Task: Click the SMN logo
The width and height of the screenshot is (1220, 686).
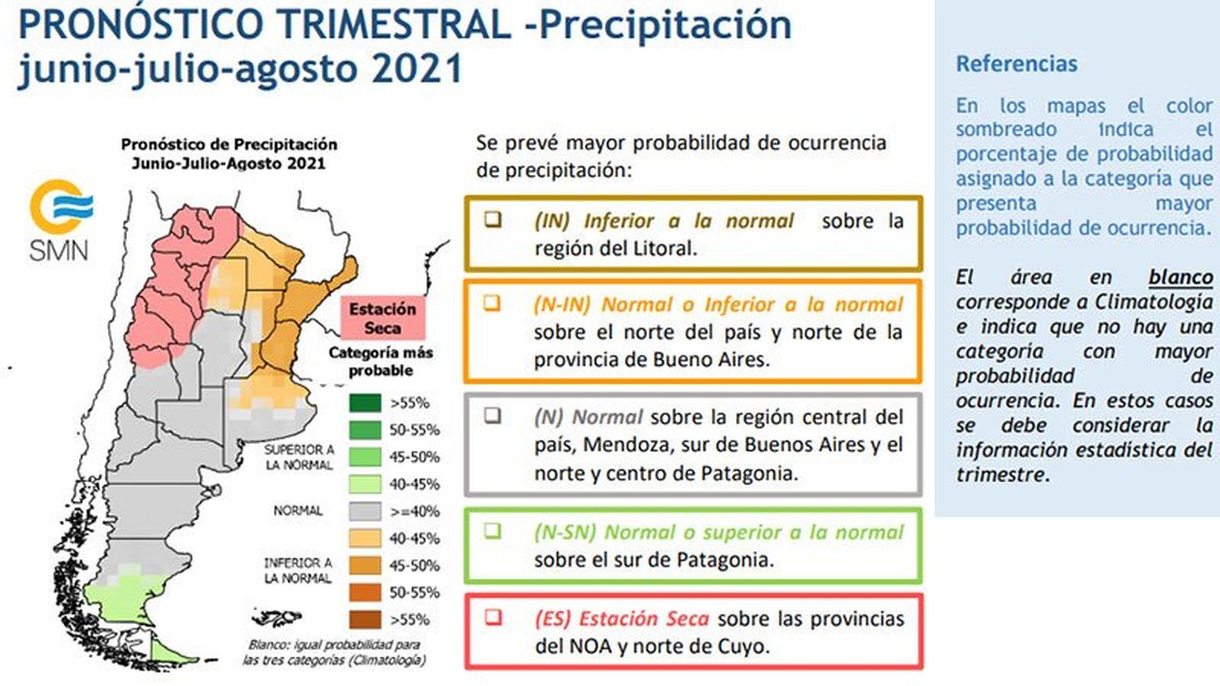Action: pos(60,220)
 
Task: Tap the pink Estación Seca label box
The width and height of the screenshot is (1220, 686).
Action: pos(382,319)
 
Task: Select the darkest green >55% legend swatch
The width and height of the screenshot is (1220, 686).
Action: pos(365,403)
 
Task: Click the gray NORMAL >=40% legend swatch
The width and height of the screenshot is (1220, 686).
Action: pos(365,512)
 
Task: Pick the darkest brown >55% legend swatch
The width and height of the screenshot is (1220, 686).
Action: pos(365,620)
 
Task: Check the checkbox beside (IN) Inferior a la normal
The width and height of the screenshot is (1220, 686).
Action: pos(493,219)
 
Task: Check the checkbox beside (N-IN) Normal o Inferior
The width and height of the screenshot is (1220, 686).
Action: pos(492,303)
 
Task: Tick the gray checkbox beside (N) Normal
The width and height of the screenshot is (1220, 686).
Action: pos(492,416)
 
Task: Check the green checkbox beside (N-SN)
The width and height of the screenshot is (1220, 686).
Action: pos(492,530)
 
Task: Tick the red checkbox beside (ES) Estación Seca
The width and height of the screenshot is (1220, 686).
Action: pos(493,617)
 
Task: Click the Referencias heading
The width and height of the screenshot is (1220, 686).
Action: pos(1017,64)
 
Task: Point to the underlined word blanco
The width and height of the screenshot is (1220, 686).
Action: pos(1181,278)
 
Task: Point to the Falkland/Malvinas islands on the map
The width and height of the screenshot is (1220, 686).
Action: pos(277,618)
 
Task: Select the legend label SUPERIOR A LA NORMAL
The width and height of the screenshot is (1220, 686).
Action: pos(299,458)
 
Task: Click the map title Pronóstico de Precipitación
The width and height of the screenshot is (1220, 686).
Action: pos(229,145)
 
